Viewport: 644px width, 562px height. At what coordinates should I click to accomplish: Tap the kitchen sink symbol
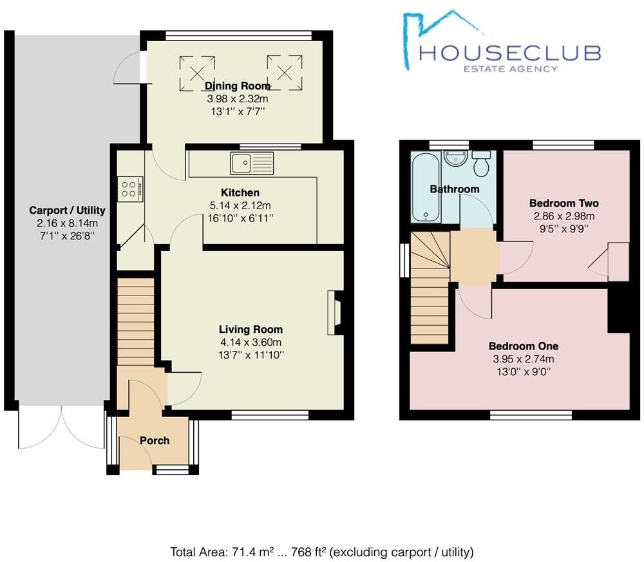(x=252, y=164)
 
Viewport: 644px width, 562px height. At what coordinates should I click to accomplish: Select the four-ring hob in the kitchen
(x=129, y=189)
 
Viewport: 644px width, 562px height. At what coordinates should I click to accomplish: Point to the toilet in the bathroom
(x=481, y=164)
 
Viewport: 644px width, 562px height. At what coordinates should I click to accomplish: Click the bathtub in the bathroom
(x=426, y=187)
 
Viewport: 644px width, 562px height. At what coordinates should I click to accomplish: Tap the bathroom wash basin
(x=457, y=158)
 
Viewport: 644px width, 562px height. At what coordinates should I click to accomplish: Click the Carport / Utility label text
(x=67, y=211)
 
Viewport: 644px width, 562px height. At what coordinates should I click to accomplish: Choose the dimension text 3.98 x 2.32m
(x=237, y=99)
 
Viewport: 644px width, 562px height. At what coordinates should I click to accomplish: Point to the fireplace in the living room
(x=336, y=313)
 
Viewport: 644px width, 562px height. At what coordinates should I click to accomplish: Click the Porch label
(x=155, y=440)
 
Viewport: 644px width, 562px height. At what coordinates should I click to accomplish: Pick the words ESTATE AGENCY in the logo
(x=511, y=68)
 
